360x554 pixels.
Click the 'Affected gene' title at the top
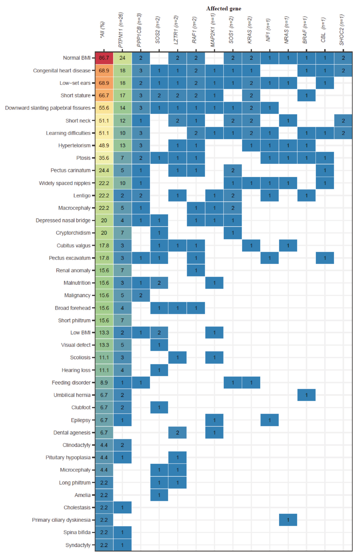223,9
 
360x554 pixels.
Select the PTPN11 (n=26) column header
121,30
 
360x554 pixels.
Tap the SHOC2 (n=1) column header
342,30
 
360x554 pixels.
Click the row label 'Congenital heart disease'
62,70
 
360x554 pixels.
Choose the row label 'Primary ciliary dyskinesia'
61,520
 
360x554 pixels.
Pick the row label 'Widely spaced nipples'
65,183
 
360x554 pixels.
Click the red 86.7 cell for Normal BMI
104,58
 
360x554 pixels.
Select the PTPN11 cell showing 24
122,58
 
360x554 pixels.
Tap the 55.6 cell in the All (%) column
104,108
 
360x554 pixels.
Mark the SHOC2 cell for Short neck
343,121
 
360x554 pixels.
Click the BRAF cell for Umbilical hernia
306,395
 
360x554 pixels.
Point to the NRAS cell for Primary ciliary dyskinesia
288,520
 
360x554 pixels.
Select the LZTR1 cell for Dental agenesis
177,433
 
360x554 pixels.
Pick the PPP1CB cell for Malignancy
141,295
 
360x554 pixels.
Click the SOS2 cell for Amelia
159,495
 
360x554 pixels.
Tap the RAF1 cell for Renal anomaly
196,270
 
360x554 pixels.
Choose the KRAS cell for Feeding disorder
251,382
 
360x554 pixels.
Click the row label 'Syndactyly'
78,545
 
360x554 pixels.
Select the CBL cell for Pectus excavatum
325,258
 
